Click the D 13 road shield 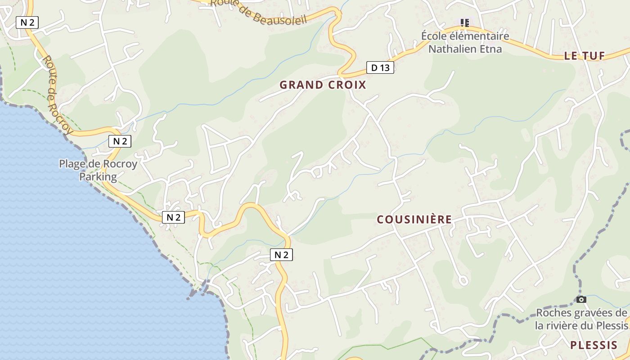click(x=380, y=68)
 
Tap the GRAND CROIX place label click(x=323, y=85)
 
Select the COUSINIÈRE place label click(x=414, y=220)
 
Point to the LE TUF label click(x=584, y=56)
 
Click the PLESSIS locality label click(x=594, y=346)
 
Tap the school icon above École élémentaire click(x=465, y=22)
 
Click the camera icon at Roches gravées click(x=581, y=299)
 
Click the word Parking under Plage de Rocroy click(x=98, y=176)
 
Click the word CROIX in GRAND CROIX click(x=347, y=85)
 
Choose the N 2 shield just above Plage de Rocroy click(x=120, y=141)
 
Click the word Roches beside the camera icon click(x=553, y=313)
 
